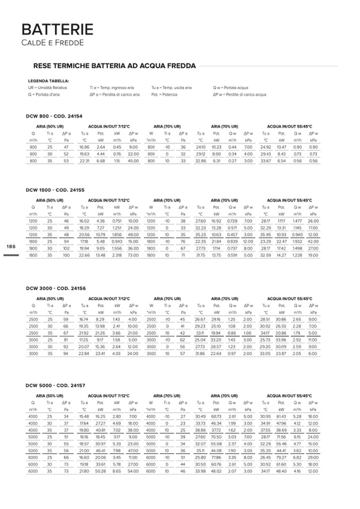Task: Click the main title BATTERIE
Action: tap(57, 30)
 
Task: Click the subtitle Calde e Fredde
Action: tap(53, 42)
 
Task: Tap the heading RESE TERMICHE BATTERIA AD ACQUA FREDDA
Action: tap(115, 66)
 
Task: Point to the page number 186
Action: tap(11, 247)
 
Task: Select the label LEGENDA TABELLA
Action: tap(48, 81)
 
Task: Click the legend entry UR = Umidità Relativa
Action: tap(48, 88)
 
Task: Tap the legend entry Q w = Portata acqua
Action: tap(231, 88)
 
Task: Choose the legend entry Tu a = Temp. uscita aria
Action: tap(172, 88)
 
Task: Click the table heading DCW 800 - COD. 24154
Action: tap(54, 116)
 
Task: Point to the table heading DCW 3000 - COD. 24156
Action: tap(55, 288)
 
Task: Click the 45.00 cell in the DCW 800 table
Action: tap(133, 161)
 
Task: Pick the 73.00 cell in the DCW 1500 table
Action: tap(133, 255)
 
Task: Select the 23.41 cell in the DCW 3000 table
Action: tap(100, 353)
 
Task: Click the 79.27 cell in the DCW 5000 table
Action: tap(281, 457)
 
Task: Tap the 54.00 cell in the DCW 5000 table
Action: tap(133, 471)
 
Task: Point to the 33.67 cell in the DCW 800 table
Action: tap(265, 161)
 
